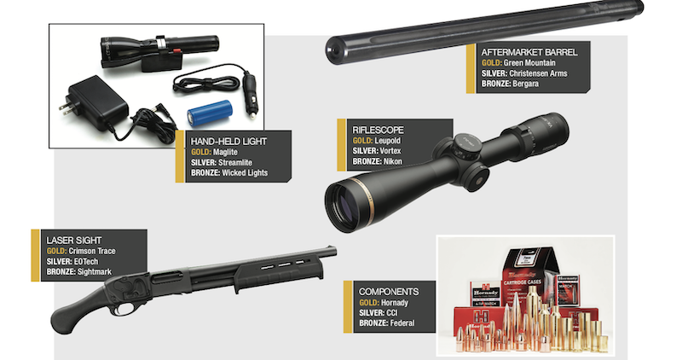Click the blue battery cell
point(211,114)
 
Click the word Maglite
point(225,153)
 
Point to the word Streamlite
point(235,162)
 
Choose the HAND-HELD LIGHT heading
point(228,141)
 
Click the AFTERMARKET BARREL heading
point(529,52)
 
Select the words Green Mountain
point(529,62)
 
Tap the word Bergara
point(526,83)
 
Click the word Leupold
point(388,140)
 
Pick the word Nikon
point(393,161)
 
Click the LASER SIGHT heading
point(74,241)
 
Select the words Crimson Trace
point(92,251)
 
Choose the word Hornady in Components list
point(395,303)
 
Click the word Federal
point(402,323)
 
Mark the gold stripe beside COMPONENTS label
point(348,307)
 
